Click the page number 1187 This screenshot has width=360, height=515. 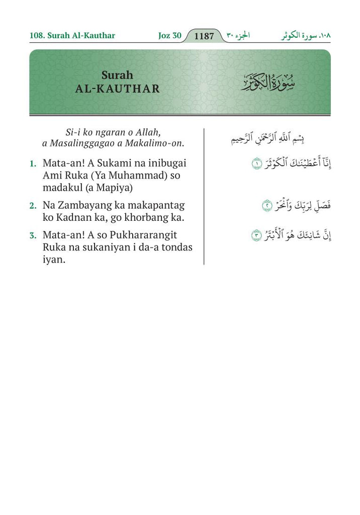(x=204, y=36)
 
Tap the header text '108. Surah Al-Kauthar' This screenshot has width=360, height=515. (x=72, y=36)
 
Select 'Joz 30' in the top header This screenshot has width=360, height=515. (x=169, y=36)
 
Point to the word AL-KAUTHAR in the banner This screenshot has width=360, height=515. (x=118, y=89)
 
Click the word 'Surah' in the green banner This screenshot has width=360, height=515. (x=117, y=75)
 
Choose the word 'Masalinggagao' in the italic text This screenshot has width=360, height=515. (x=83, y=143)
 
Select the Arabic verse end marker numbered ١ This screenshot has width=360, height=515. (x=257, y=164)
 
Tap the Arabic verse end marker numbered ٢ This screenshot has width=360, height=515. (x=267, y=206)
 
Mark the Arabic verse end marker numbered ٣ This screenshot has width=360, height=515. (x=256, y=235)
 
